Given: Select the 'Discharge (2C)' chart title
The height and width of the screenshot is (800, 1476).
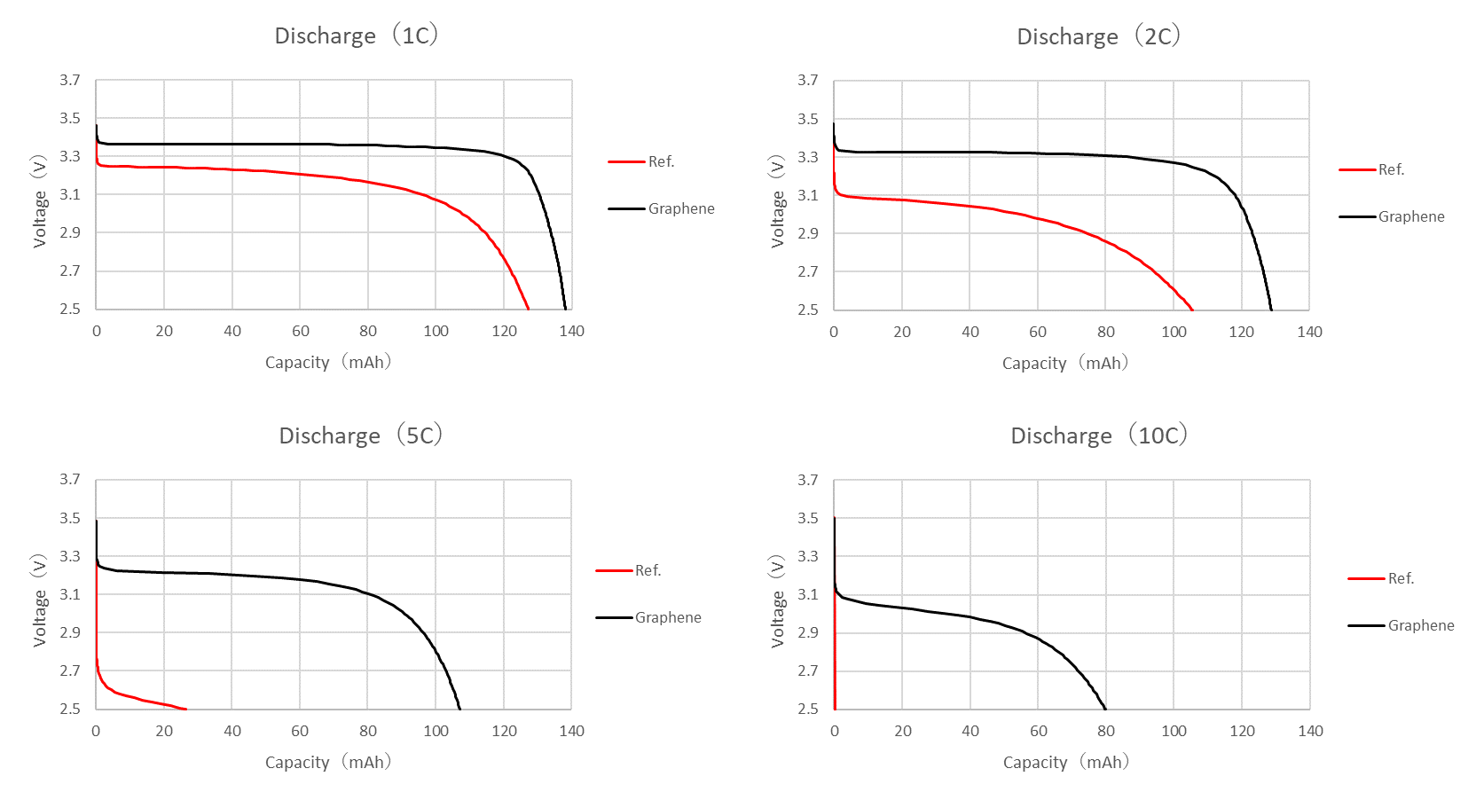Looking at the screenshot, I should click(x=1098, y=36).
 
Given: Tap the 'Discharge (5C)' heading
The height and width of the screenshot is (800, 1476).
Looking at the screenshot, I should click(x=360, y=435).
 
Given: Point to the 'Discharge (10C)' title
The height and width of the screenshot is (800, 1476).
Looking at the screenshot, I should click(x=1098, y=435).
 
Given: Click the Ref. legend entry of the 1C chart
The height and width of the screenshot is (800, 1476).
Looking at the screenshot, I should click(x=661, y=161).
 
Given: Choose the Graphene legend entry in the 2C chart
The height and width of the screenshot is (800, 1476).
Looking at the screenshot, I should click(x=1410, y=216).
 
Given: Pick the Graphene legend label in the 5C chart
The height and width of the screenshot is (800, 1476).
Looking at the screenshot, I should click(x=667, y=617).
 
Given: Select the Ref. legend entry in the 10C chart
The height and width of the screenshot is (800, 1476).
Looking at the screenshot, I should click(x=1401, y=578).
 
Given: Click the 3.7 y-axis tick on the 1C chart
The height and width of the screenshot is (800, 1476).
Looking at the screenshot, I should click(x=70, y=80).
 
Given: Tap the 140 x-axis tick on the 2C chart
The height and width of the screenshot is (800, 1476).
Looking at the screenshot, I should click(x=1309, y=332).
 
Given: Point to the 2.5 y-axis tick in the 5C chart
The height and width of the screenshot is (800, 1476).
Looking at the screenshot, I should click(x=70, y=709).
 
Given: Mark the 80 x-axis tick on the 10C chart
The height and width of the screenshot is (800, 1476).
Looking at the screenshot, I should click(x=1106, y=731).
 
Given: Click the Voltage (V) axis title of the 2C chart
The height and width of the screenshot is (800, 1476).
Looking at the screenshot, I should click(x=778, y=201).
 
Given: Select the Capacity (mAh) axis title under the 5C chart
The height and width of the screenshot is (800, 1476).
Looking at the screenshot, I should click(x=328, y=762).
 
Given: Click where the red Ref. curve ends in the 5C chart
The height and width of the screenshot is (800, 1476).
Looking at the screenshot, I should click(x=185, y=709).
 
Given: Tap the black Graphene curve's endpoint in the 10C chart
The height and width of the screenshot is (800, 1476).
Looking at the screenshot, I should click(x=1105, y=709).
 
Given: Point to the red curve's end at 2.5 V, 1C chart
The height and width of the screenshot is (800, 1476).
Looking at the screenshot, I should click(x=529, y=309).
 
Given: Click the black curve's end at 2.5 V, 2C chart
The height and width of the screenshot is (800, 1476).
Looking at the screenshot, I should click(x=1271, y=310).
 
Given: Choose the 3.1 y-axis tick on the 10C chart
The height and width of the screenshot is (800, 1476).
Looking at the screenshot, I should click(x=808, y=594).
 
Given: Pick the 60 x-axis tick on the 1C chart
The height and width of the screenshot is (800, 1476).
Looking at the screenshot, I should click(x=301, y=331).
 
